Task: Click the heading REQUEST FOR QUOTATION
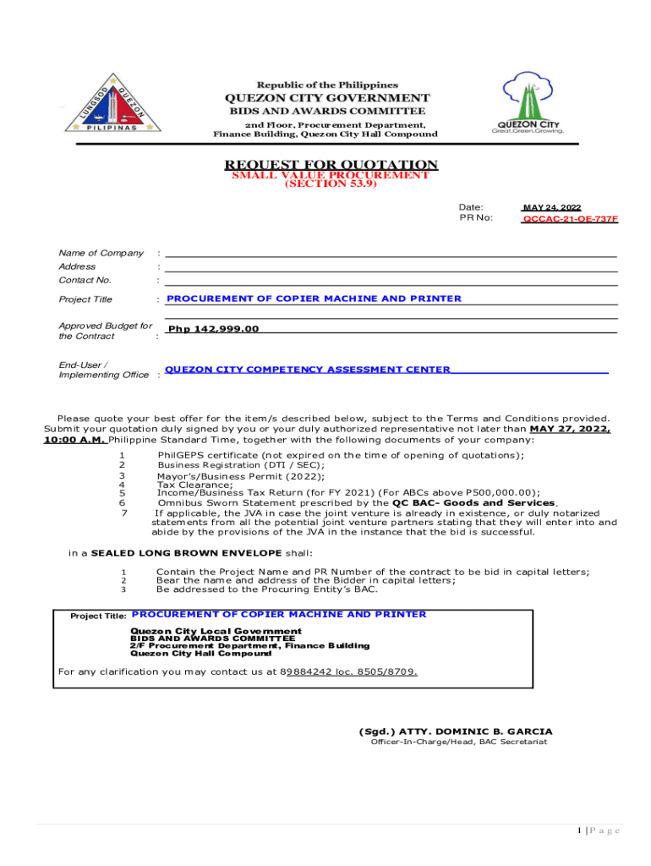coord(331,164)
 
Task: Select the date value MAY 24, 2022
coord(551,207)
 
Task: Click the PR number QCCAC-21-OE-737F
coord(570,218)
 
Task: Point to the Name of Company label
coord(101,253)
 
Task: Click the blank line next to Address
coord(390,267)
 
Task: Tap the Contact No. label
coord(85,280)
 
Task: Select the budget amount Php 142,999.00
coord(213,329)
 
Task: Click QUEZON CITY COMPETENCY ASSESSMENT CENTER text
coord(307,370)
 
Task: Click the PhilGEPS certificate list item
coord(340,455)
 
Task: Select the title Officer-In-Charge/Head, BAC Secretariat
coord(458,742)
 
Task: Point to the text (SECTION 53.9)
coord(330,184)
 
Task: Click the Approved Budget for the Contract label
coord(105,331)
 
